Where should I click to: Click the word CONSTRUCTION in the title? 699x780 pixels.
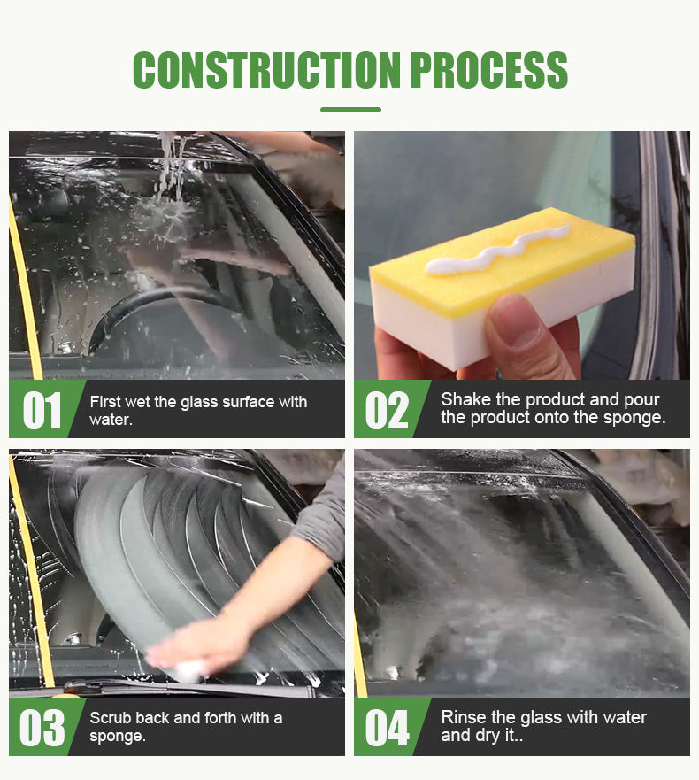coord(266,70)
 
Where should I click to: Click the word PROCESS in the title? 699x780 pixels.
coord(489,70)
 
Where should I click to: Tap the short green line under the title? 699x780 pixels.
coord(350,110)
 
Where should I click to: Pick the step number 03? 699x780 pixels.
coord(42,728)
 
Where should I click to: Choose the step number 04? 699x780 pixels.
coord(387,728)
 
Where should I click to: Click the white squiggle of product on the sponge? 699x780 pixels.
coord(497,251)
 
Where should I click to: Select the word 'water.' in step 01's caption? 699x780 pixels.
coord(111,420)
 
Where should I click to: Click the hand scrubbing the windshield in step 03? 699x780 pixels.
coord(199,646)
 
